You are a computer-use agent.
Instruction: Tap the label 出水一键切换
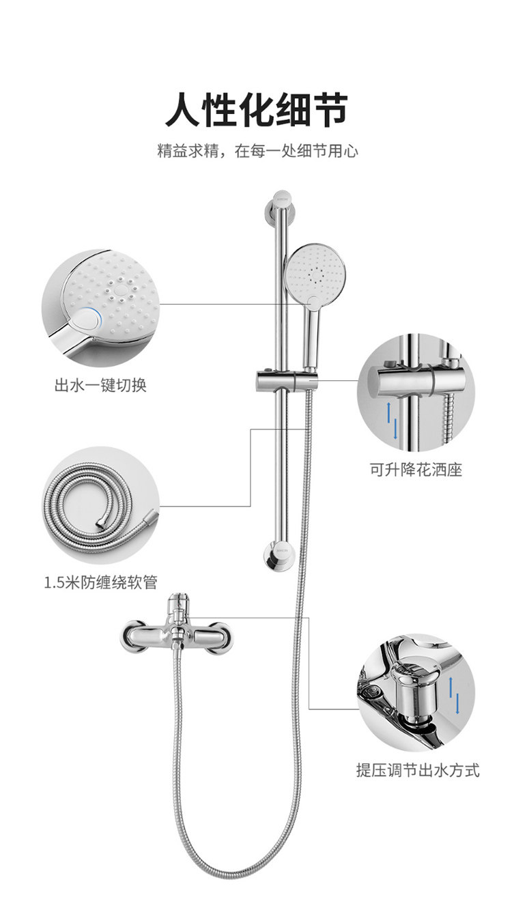coord(100,385)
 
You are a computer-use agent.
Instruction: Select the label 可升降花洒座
coord(416,470)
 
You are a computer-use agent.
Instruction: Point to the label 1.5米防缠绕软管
coord(100,582)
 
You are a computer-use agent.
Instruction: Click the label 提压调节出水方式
coord(418,770)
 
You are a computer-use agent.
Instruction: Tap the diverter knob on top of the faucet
coord(179,604)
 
